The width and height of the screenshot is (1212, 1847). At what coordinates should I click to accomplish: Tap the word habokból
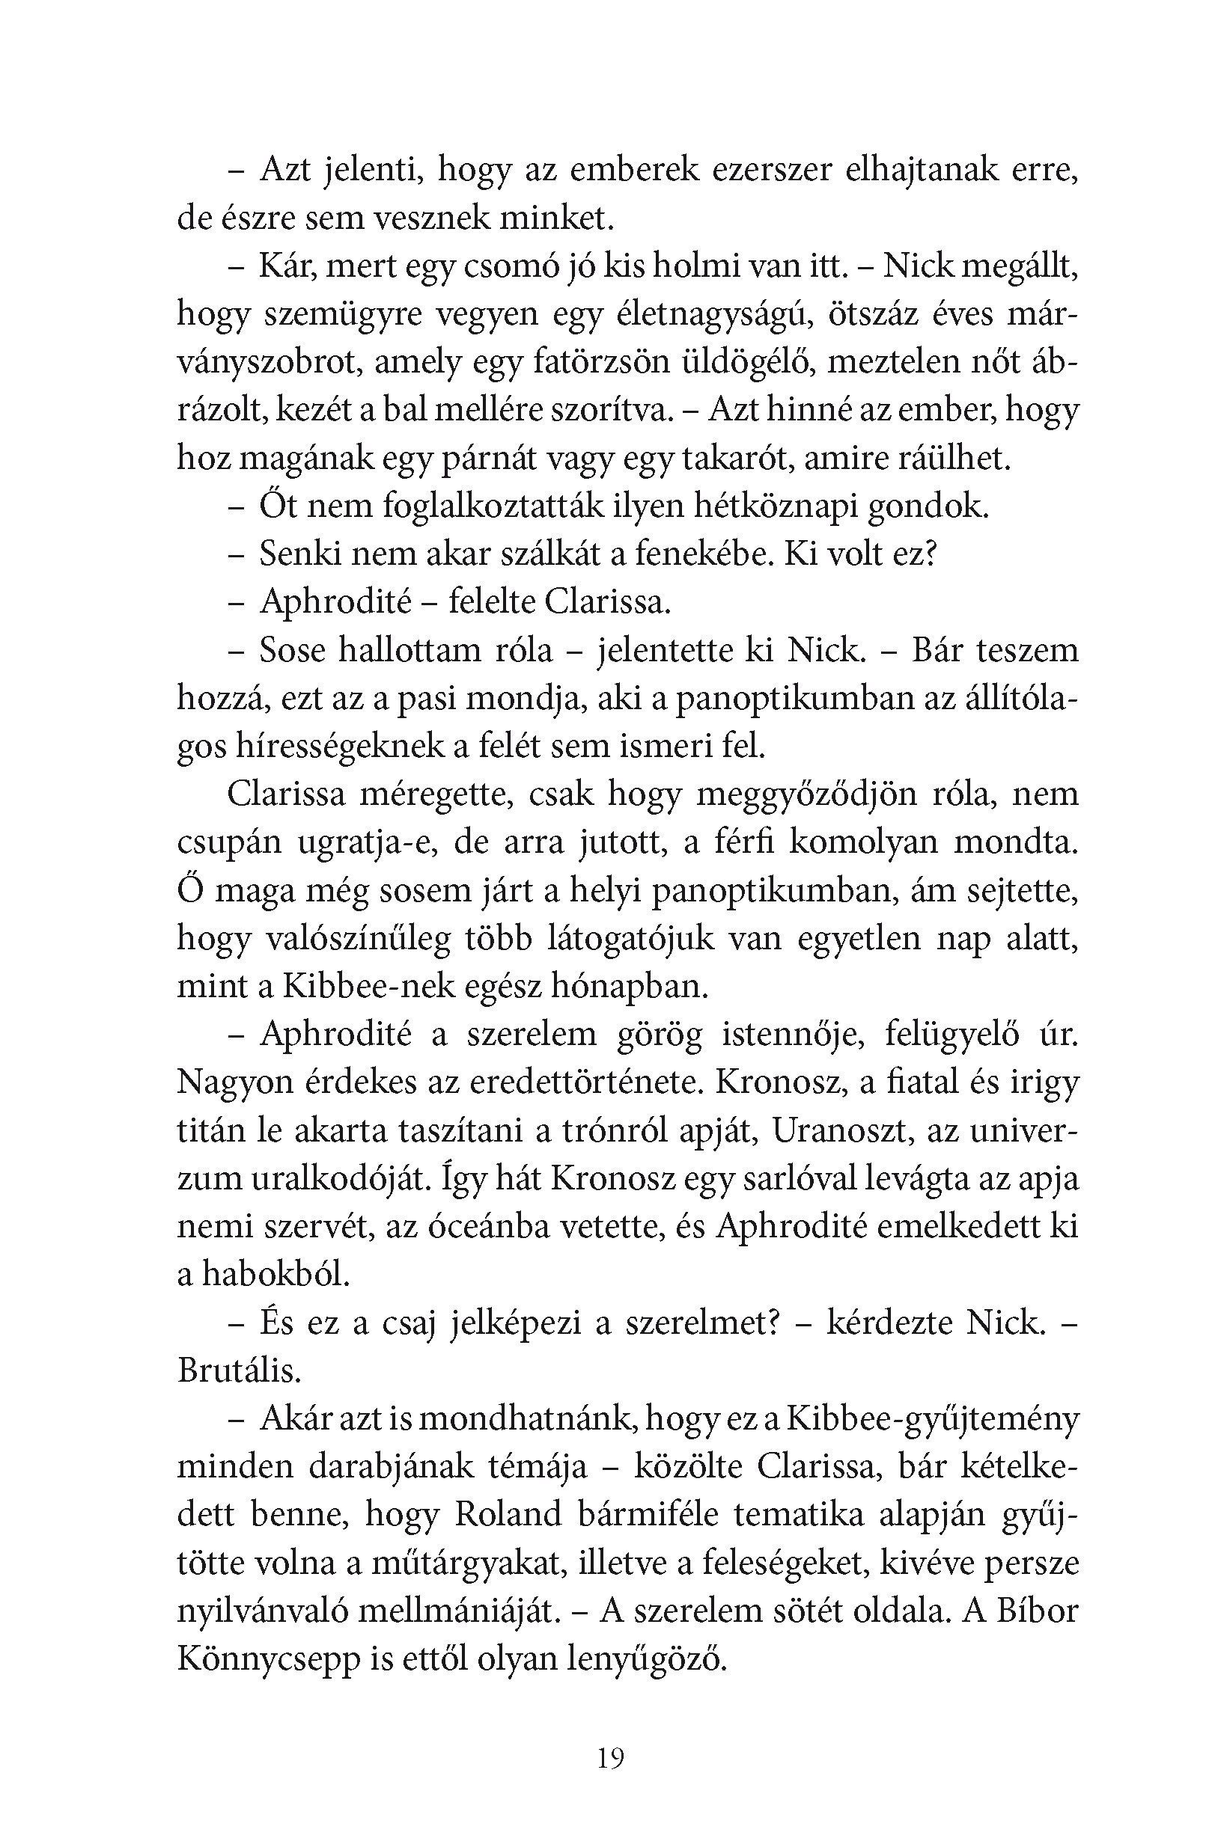tap(275, 1278)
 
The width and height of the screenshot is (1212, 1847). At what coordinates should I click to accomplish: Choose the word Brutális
tap(239, 1373)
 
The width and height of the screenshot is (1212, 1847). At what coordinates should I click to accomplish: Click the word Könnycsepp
tap(269, 1662)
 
